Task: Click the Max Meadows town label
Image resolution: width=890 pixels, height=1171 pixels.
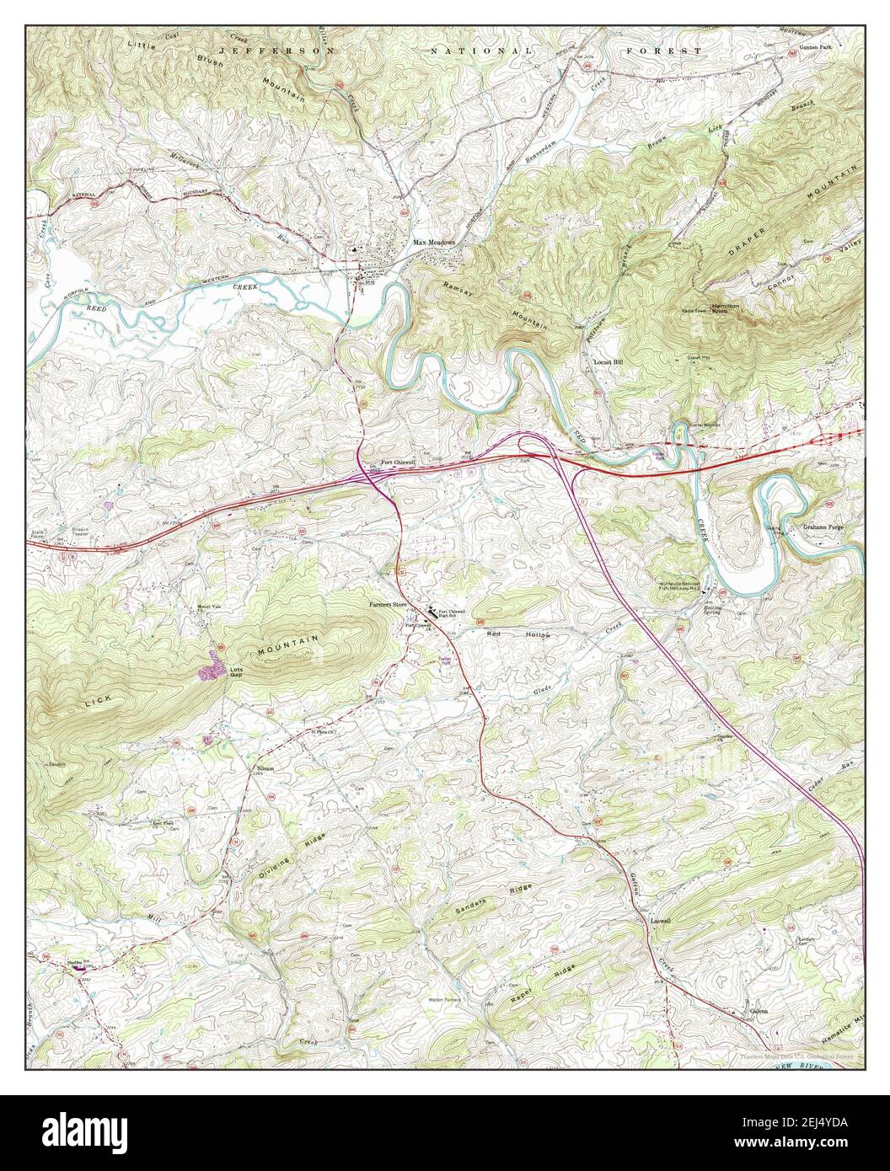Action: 434,243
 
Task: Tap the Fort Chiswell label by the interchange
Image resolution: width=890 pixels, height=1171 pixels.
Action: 398,463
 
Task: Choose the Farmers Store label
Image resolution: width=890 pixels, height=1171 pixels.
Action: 385,605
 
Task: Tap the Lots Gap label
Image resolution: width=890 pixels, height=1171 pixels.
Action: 238,672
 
